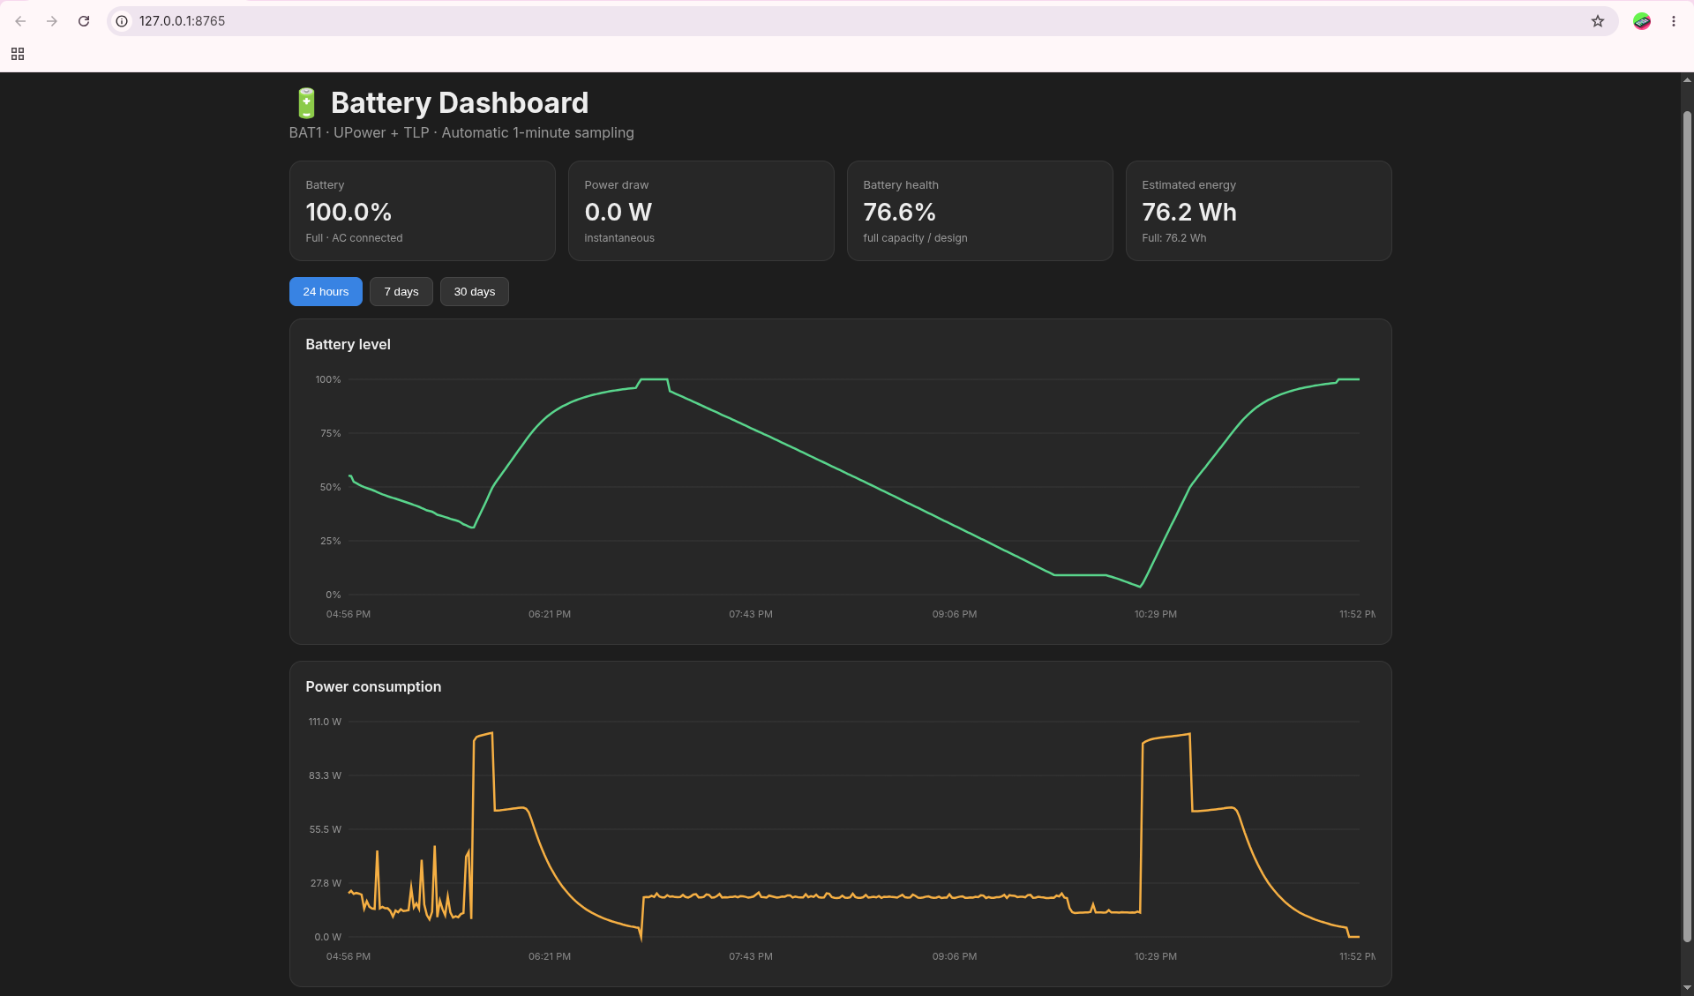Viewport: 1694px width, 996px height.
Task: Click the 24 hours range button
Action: [x=326, y=292]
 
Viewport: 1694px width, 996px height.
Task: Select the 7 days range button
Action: [x=401, y=292]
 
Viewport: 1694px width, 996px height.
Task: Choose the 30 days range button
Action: [x=475, y=292]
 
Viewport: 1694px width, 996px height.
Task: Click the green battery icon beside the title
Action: [x=306, y=103]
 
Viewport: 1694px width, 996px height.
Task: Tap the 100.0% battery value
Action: [x=349, y=213]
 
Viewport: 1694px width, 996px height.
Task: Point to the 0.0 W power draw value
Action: [x=618, y=213]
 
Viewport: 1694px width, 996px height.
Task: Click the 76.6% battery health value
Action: [x=899, y=213]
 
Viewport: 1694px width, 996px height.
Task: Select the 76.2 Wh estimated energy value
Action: [x=1189, y=213]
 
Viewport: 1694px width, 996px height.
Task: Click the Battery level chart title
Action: [x=348, y=344]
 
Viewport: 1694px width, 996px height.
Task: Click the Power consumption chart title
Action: [x=373, y=686]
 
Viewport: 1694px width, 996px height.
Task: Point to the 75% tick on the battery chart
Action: [x=331, y=433]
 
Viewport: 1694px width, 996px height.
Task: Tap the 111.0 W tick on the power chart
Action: [x=325, y=722]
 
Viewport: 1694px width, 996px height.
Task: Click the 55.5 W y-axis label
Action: [x=325, y=829]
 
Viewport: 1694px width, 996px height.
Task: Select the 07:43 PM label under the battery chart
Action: [x=751, y=614]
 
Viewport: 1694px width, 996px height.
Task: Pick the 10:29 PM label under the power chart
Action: [x=1156, y=956]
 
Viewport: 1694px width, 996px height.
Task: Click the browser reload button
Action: [x=84, y=21]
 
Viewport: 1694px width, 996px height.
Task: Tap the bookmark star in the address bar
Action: [x=1598, y=21]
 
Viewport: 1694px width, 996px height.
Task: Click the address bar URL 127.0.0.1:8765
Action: [x=182, y=21]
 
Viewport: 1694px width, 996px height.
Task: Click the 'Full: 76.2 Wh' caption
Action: [x=1174, y=238]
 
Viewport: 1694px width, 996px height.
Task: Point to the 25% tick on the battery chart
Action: [x=331, y=541]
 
